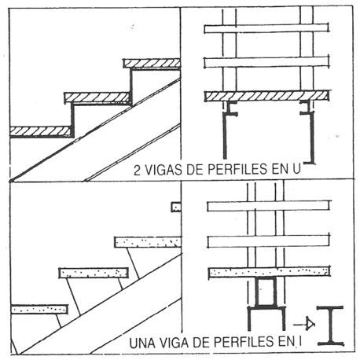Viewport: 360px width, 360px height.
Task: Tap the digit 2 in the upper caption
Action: coord(137,170)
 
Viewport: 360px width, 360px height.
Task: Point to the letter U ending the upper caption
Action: coord(296,169)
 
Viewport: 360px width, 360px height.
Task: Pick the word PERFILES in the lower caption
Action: coord(244,342)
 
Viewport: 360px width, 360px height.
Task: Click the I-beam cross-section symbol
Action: coord(330,325)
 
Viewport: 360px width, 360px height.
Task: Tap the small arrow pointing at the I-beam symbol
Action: coord(304,325)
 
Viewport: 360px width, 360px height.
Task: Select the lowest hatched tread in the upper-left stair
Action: coord(41,131)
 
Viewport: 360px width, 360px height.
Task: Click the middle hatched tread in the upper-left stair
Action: coord(97,97)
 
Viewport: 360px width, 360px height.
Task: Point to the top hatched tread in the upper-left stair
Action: coord(152,63)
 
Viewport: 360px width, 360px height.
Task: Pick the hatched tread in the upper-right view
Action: coord(266,96)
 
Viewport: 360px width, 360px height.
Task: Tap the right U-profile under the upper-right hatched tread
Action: coord(311,132)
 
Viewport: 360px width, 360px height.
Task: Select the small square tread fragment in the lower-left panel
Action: coord(176,207)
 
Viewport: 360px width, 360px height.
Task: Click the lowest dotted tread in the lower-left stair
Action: coord(39,310)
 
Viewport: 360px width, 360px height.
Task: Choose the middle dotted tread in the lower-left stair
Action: coord(94,273)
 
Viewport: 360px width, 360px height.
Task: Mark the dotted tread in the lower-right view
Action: coord(269,272)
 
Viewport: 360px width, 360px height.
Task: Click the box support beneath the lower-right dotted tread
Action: coord(266,292)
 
